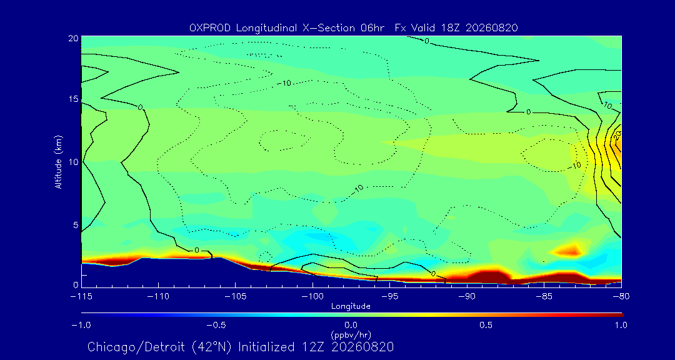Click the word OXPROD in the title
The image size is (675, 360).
tap(209, 28)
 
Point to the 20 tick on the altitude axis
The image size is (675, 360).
tap(72, 38)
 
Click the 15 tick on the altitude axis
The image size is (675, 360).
tap(72, 99)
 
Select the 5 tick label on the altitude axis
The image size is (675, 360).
tap(76, 224)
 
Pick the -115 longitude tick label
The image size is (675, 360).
tap(81, 297)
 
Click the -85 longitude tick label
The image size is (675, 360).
tap(544, 297)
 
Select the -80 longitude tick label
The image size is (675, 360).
tap(621, 297)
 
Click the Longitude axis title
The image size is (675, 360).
tap(351, 307)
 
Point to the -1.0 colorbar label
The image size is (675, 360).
tap(81, 325)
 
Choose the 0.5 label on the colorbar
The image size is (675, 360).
tap(486, 325)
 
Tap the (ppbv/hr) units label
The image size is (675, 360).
tap(351, 334)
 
